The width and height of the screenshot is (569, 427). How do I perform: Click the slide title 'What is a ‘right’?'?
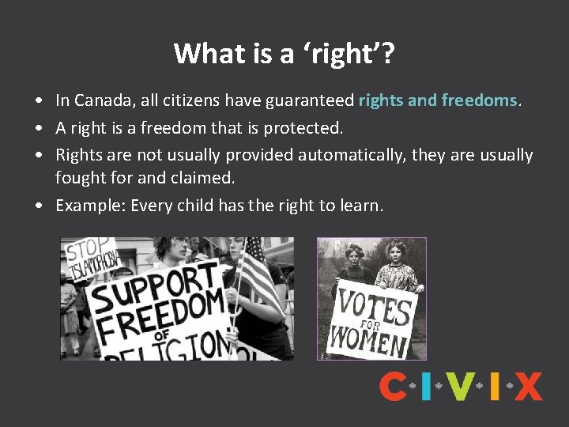[x=284, y=53]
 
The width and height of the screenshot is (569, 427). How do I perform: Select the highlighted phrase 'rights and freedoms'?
[x=438, y=100]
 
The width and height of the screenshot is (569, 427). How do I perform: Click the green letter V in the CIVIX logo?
[x=464, y=387]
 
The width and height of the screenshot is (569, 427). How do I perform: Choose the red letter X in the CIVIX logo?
[x=527, y=387]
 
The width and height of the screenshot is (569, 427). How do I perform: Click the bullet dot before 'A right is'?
[x=38, y=128]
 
